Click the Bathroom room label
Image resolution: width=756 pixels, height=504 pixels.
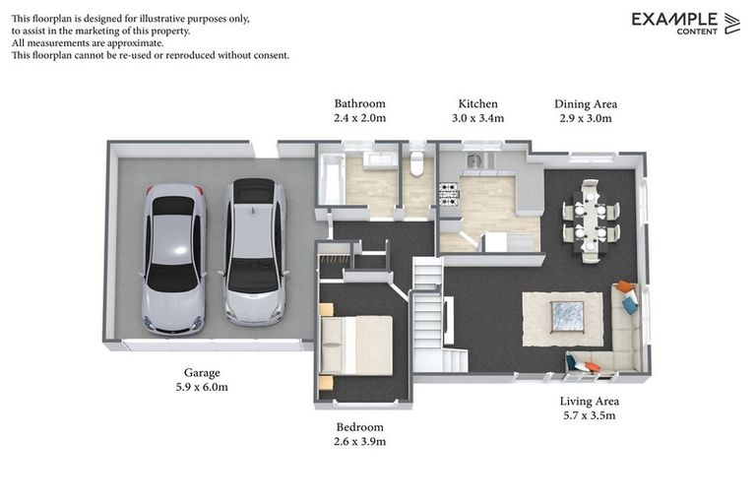(359, 103)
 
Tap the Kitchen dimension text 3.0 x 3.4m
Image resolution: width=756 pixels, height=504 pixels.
(477, 118)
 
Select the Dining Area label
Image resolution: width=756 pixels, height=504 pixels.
(586, 103)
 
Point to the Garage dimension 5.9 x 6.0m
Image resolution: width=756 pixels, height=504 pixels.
(202, 387)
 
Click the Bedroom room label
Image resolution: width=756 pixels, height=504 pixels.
(359, 427)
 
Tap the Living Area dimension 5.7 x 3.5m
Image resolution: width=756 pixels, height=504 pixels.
(590, 415)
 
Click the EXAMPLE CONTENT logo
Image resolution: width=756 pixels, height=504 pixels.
(685, 24)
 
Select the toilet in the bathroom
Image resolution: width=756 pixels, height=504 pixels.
(416, 163)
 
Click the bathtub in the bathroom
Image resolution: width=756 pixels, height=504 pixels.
(332, 179)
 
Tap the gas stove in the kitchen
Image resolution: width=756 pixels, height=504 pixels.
(449, 194)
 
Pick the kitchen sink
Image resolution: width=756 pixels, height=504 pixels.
(473, 159)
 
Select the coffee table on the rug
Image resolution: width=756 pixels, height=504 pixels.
(567, 317)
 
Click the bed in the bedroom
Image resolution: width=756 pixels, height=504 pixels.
(355, 346)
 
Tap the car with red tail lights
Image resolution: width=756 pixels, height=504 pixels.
(174, 259)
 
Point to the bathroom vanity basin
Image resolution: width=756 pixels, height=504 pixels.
(380, 159)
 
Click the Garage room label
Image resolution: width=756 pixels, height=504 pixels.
(202, 372)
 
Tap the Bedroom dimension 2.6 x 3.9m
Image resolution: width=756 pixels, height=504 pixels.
(359, 441)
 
